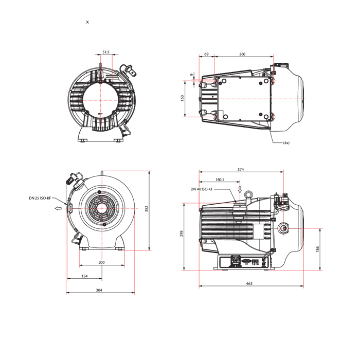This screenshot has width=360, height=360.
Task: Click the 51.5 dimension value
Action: (106, 52)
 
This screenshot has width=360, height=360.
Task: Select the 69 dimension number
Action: (206, 54)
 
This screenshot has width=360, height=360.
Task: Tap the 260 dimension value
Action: (242, 54)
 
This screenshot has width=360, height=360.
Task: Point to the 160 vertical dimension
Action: (182, 98)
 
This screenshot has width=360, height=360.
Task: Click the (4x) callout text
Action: (286, 143)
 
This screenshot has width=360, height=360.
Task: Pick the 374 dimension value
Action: (241, 169)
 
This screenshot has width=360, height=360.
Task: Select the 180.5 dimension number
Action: (220, 179)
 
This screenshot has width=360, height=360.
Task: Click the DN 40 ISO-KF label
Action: (202, 189)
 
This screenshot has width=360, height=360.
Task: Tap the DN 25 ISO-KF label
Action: (40, 198)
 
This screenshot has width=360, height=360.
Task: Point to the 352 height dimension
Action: (147, 209)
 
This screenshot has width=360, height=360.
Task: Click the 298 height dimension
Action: (182, 233)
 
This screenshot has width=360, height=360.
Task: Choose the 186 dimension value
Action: (317, 249)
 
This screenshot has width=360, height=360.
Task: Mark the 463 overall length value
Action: (249, 283)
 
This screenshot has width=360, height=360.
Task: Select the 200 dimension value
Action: (101, 262)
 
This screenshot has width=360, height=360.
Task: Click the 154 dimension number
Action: (84, 276)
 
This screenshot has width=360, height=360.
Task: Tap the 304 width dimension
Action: (99, 290)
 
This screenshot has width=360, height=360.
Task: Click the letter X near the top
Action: (87, 22)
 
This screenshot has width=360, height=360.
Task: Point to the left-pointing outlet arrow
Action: (58, 208)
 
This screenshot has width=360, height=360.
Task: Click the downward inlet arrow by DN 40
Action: (240, 189)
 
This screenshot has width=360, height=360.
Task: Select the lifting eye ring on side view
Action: (248, 194)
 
